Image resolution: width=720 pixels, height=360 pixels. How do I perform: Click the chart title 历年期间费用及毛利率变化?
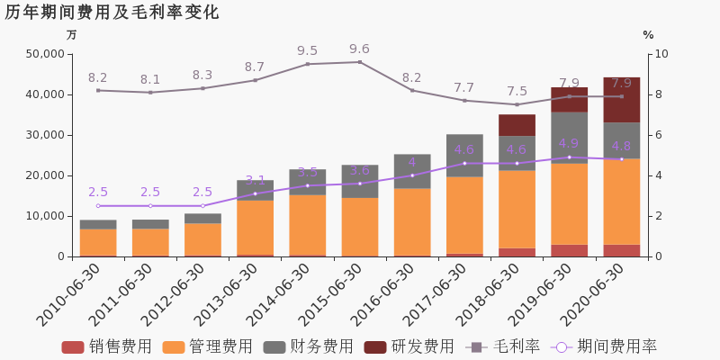(x=112, y=13)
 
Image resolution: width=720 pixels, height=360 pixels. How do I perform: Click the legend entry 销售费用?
(x=106, y=346)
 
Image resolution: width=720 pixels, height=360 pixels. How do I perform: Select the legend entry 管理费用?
(x=207, y=346)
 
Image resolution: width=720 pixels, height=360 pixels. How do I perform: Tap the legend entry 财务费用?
(x=308, y=346)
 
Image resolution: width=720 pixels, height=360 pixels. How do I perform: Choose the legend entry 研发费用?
(x=409, y=346)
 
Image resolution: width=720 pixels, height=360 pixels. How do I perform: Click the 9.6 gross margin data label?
(x=360, y=49)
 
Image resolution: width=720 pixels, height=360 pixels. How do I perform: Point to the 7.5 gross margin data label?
(x=517, y=92)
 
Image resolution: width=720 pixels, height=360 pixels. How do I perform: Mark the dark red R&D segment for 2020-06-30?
(x=621, y=100)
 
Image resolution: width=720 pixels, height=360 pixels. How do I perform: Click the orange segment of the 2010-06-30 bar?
(x=98, y=242)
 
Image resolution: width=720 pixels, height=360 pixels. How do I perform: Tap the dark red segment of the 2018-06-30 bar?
(x=517, y=125)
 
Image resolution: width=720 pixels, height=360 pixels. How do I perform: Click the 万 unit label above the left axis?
(x=72, y=35)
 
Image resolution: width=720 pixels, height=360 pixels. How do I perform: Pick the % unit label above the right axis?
(x=648, y=35)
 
